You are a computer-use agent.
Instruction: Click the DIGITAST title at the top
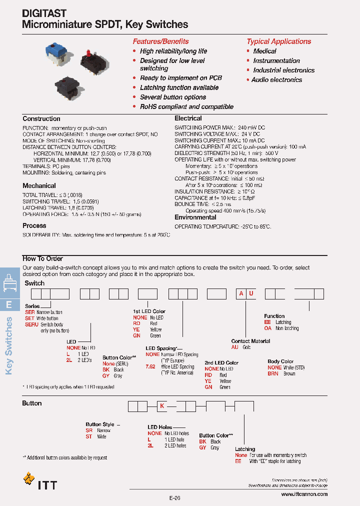(44, 13)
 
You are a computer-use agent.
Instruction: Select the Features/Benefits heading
(160, 41)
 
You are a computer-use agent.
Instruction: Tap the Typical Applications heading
(278, 41)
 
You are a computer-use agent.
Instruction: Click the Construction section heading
(41, 119)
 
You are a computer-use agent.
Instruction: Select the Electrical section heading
(188, 118)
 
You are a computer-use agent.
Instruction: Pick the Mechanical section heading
(39, 185)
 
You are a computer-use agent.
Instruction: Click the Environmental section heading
(195, 217)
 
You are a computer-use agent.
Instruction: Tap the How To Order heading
(42, 258)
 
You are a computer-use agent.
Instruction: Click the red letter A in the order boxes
(241, 293)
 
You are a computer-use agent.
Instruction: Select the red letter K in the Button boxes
(162, 406)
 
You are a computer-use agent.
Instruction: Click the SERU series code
(31, 324)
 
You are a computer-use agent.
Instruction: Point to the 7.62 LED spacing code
(150, 366)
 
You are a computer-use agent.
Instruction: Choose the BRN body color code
(273, 373)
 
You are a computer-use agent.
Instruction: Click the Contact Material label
(250, 341)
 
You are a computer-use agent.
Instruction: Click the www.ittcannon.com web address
(304, 494)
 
